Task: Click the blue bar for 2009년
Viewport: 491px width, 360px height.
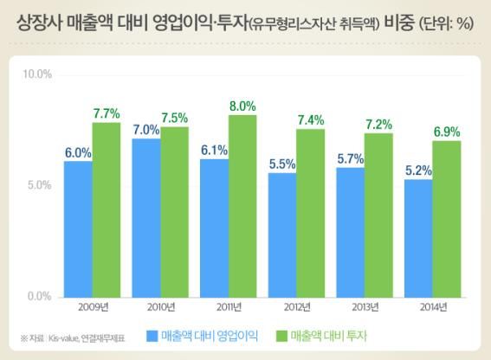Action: click(78, 228)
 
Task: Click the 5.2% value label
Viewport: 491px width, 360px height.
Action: click(418, 170)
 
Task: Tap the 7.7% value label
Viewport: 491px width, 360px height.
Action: click(107, 113)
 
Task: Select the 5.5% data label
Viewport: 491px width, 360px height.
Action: click(282, 164)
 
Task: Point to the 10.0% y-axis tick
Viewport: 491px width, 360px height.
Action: click(37, 74)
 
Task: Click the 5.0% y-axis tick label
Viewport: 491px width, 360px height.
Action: click(39, 185)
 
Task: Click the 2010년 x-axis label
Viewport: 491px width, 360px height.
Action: click(160, 306)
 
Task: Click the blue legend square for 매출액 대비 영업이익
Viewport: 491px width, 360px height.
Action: click(152, 336)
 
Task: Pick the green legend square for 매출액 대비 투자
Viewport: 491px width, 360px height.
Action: click(281, 336)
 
